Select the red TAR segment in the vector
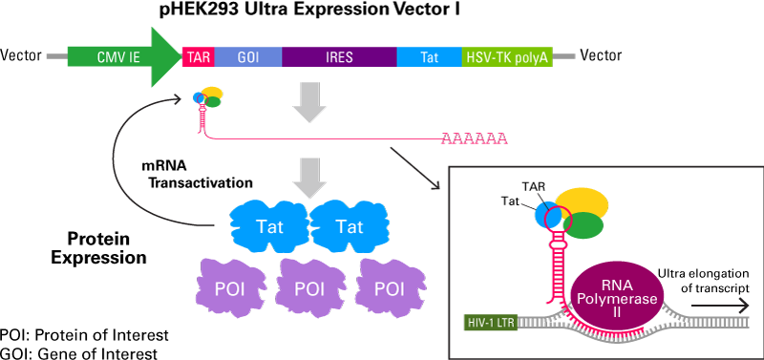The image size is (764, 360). tap(198, 56)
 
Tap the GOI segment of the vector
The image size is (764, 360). tap(247, 56)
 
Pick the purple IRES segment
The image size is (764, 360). tap(338, 56)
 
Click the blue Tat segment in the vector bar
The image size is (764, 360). tap(429, 56)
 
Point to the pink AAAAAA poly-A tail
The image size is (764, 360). tap(474, 139)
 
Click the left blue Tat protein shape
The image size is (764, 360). tap(268, 224)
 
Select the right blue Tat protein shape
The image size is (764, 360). tap(350, 224)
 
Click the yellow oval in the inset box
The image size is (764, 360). tap(582, 201)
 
